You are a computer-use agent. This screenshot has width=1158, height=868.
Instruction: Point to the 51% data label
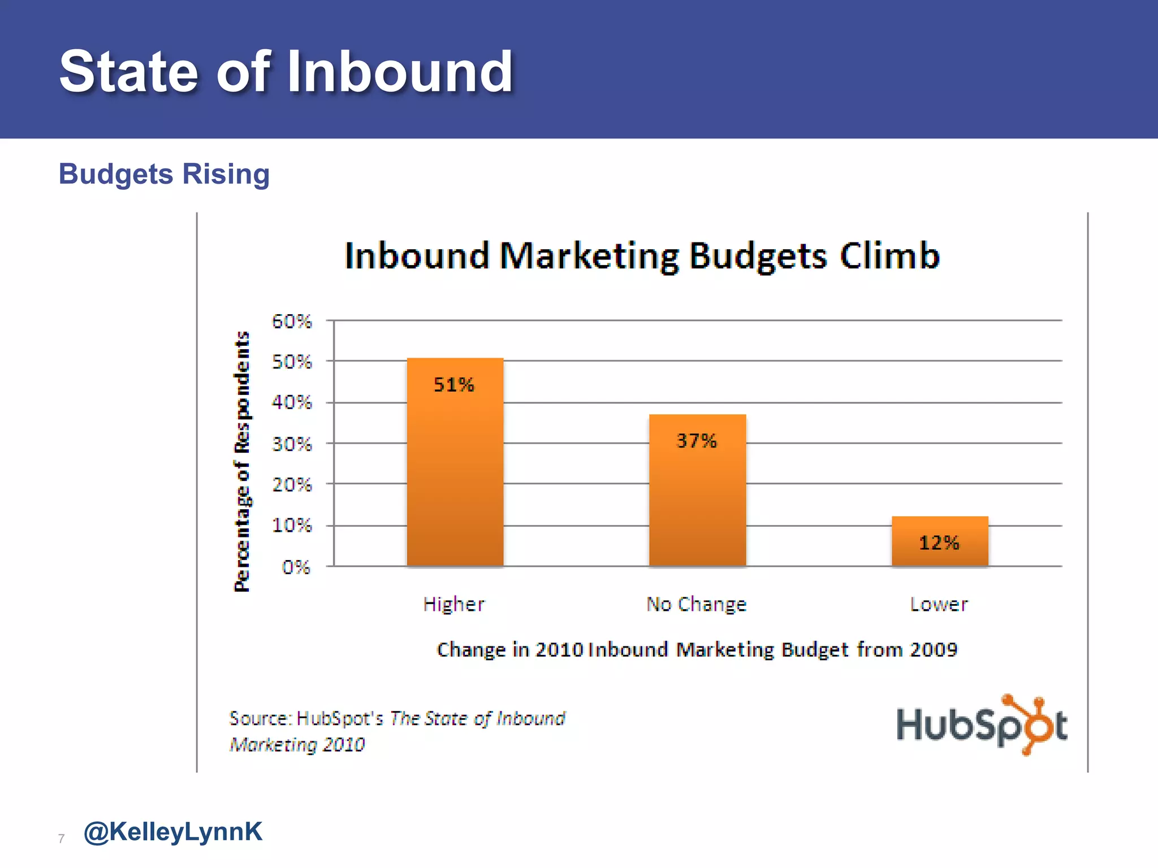pyautogui.click(x=453, y=385)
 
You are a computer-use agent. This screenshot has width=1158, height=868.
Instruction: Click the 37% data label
pyautogui.click(x=697, y=441)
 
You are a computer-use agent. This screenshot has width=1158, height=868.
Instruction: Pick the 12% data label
pyautogui.click(x=939, y=543)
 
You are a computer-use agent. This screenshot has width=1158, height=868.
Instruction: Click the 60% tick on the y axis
pyautogui.click(x=292, y=322)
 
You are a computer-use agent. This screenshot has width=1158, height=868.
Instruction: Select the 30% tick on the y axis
pyautogui.click(x=292, y=444)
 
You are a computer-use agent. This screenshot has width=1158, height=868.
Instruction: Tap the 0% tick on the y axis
pyautogui.click(x=296, y=567)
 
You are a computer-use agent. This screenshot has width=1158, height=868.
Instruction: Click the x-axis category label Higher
pyautogui.click(x=454, y=604)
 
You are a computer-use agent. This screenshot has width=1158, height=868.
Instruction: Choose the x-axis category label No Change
pyautogui.click(x=697, y=604)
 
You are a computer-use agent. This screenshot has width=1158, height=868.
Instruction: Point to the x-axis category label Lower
pyautogui.click(x=939, y=604)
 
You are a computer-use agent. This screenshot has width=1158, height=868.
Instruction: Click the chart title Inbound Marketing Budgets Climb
pyautogui.click(x=642, y=255)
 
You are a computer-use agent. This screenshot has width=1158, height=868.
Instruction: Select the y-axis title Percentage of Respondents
pyautogui.click(x=242, y=461)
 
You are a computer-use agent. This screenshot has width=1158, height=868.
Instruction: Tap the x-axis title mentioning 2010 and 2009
pyautogui.click(x=697, y=649)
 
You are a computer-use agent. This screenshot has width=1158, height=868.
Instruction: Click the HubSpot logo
pyautogui.click(x=982, y=726)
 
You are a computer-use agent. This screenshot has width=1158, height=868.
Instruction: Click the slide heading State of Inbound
pyautogui.click(x=286, y=71)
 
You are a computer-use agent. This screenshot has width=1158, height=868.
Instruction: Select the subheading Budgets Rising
pyautogui.click(x=164, y=174)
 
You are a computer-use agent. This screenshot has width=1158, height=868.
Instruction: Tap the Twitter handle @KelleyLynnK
pyautogui.click(x=173, y=832)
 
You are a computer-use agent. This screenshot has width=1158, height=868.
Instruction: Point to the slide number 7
pyautogui.click(x=62, y=839)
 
